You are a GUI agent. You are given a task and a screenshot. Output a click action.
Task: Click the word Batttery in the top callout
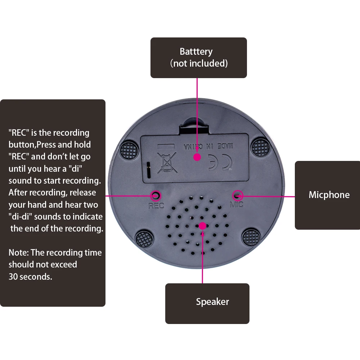point(196,51)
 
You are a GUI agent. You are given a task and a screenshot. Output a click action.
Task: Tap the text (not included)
point(199,63)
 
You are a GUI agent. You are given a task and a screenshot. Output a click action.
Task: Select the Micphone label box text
point(329,195)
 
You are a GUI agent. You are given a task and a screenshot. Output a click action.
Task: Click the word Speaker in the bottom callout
point(212,302)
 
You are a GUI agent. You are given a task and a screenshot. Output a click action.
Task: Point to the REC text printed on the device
point(156,206)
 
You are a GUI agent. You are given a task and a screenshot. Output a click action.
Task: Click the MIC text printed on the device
point(237,204)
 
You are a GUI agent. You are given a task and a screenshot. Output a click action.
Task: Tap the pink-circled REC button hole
point(156,195)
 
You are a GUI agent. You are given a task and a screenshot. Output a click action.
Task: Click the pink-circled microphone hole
point(238,195)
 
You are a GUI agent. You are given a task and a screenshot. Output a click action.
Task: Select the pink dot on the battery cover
point(197,157)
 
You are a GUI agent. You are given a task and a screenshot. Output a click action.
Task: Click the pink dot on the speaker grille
point(202,226)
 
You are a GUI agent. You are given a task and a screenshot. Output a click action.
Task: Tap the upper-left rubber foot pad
point(129,148)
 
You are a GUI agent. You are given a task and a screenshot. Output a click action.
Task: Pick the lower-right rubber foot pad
point(251,238)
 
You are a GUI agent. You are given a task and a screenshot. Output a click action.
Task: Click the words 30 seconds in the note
point(30,277)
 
